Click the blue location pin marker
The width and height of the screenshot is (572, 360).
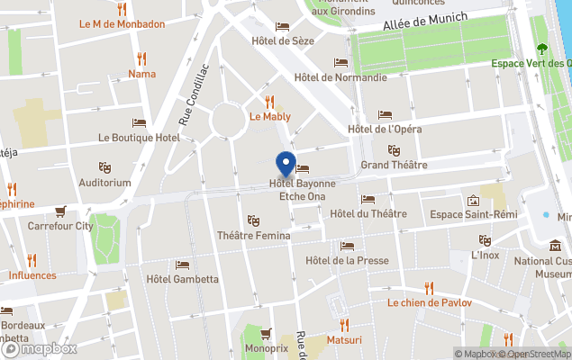coord(286,165)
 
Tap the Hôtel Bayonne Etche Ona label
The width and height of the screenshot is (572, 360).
coord(302,190)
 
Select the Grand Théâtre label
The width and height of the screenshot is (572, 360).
coord(394,165)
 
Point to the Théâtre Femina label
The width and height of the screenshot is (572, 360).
coord(253,236)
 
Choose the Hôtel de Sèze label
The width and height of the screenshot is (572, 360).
coord(283,40)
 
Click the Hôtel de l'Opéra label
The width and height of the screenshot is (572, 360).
coord(385,129)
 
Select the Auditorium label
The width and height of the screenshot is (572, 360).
coord(104,183)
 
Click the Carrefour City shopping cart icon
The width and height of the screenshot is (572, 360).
coord(60,212)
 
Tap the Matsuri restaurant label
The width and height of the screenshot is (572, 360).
coord(343,340)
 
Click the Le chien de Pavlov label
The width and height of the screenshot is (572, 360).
coord(429,303)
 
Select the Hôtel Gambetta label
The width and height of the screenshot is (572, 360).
coord(182,278)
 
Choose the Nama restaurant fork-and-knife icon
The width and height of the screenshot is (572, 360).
coord(141,58)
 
